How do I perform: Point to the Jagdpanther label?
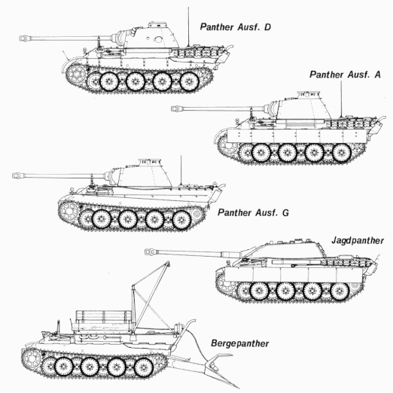click(x=357, y=241)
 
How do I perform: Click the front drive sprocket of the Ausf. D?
click(x=77, y=72)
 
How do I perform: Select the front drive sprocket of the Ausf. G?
click(x=66, y=209)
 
